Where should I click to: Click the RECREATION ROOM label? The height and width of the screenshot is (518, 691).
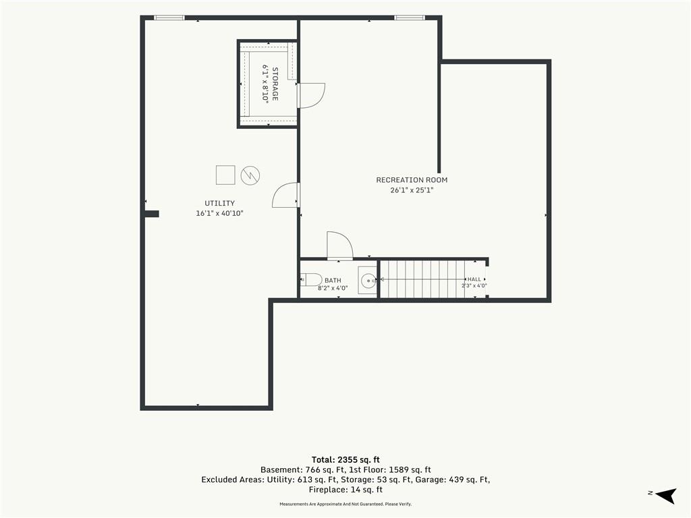(x=412, y=179)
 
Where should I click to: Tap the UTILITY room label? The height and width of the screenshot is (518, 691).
(x=219, y=203)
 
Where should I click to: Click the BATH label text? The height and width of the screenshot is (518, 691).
(x=333, y=280)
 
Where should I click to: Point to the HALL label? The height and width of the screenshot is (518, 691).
(x=474, y=279)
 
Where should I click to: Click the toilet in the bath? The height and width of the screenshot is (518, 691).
(x=311, y=279)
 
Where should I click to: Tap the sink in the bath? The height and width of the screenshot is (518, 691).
(x=368, y=280)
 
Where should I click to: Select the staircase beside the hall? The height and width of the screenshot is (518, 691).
(x=422, y=279)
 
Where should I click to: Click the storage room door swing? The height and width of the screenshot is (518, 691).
(x=312, y=96)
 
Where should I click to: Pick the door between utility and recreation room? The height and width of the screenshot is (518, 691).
(x=286, y=195)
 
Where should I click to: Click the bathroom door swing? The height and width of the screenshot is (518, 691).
(x=340, y=246)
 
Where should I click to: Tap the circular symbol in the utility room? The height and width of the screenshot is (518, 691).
(x=250, y=175)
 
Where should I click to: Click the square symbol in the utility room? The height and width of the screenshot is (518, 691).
(x=225, y=175)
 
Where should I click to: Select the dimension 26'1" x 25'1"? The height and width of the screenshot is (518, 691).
(x=412, y=190)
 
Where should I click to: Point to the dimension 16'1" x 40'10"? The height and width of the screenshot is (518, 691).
(x=219, y=214)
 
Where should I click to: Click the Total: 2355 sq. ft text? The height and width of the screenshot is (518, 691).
(x=345, y=460)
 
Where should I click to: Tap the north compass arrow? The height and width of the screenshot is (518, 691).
(x=665, y=495)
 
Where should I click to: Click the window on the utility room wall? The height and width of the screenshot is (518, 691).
(x=169, y=18)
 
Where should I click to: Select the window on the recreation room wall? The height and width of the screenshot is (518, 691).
(x=410, y=18)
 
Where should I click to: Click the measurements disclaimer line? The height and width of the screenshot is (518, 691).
(x=345, y=504)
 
